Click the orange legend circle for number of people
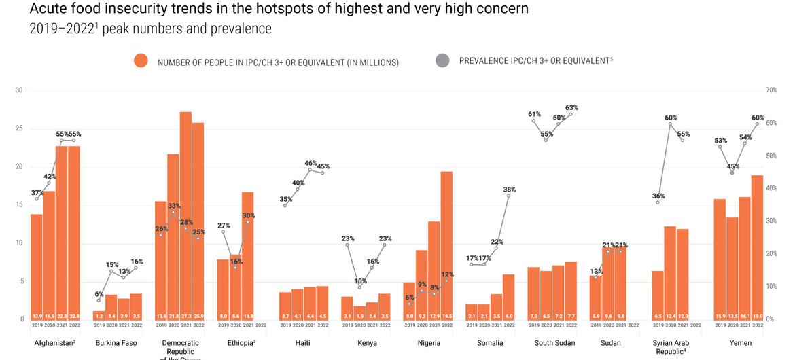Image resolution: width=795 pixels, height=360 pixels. (x=141, y=61)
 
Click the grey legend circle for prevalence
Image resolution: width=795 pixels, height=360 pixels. (x=442, y=60)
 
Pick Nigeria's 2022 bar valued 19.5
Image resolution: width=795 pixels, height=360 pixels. (x=446, y=245)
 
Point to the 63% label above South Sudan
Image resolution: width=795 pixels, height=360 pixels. (x=571, y=108)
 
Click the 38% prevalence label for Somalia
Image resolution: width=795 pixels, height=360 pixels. (x=509, y=190)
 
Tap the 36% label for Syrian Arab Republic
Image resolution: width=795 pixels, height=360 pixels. (x=658, y=196)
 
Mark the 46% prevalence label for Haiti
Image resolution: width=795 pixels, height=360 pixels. (x=311, y=164)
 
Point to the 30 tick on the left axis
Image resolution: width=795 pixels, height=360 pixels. (x=19, y=90)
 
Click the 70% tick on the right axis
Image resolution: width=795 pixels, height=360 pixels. (x=771, y=90)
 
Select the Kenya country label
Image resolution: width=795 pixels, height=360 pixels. (x=367, y=343)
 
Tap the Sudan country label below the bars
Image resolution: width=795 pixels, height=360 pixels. (x=611, y=343)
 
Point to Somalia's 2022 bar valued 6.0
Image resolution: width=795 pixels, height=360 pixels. (x=509, y=296)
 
